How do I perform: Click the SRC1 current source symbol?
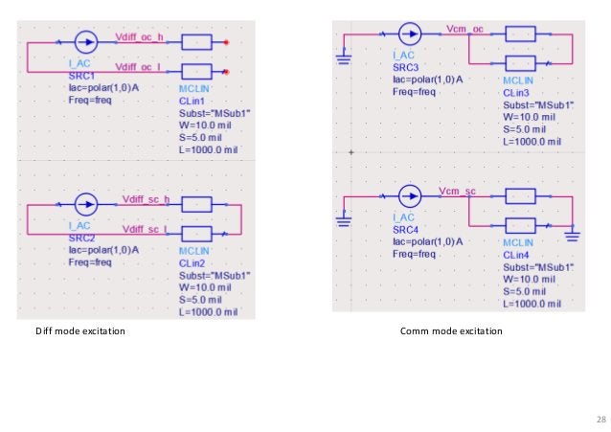85,42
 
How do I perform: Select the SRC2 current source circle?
85,203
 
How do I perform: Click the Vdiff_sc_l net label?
147,230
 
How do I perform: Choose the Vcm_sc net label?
457,192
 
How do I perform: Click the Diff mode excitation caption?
79,331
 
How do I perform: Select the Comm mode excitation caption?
450,331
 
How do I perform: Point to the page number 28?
600,419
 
